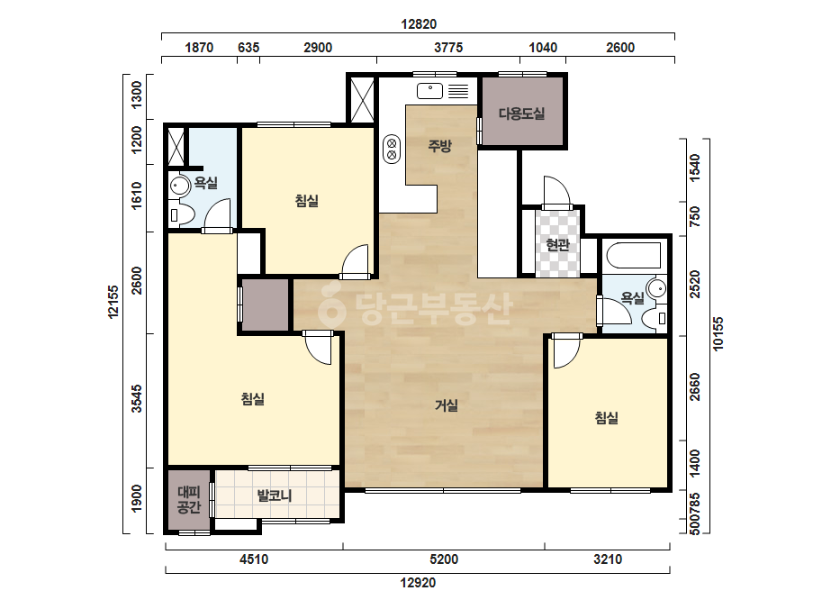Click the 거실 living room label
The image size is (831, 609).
(447, 405)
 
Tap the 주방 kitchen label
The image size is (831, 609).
(439, 145)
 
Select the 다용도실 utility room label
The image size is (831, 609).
(521, 114)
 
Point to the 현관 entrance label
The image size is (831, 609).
(557, 244)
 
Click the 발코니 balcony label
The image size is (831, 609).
(274, 496)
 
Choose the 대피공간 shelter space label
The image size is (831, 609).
(189, 499)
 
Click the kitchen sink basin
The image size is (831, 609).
(429, 91)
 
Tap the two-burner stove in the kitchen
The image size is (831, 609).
(392, 149)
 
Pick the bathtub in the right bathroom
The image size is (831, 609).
(633, 255)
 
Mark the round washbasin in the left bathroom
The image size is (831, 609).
(180, 186)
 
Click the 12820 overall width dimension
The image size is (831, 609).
(419, 24)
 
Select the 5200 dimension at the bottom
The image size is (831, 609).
(444, 559)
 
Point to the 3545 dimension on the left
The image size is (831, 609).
(137, 399)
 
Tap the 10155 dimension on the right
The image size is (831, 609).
(718, 333)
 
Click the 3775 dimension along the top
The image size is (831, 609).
(448, 48)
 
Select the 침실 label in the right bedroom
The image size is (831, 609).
(606, 418)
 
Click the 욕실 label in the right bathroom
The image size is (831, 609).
(632, 298)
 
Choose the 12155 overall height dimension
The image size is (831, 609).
(113, 302)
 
